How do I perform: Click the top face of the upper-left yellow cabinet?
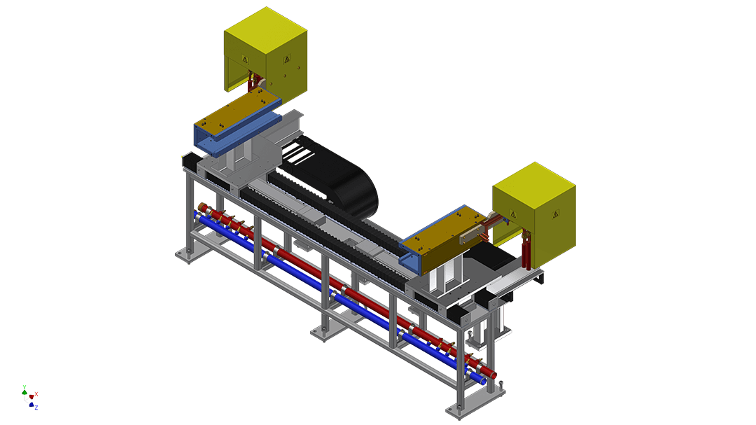pyautogui.click(x=266, y=30)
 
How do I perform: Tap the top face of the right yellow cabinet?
pyautogui.click(x=534, y=186)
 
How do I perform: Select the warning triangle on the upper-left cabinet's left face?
pyautogui.click(x=246, y=60)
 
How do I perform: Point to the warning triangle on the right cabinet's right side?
pyautogui.click(x=555, y=214)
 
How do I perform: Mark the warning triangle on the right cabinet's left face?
pyautogui.click(x=514, y=214)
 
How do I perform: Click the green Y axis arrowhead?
pyautogui.click(x=24, y=392)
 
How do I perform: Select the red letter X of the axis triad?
pyautogui.click(x=36, y=394)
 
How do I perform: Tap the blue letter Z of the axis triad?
pyautogui.click(x=36, y=407)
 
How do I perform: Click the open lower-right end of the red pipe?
pyautogui.click(x=493, y=375)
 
